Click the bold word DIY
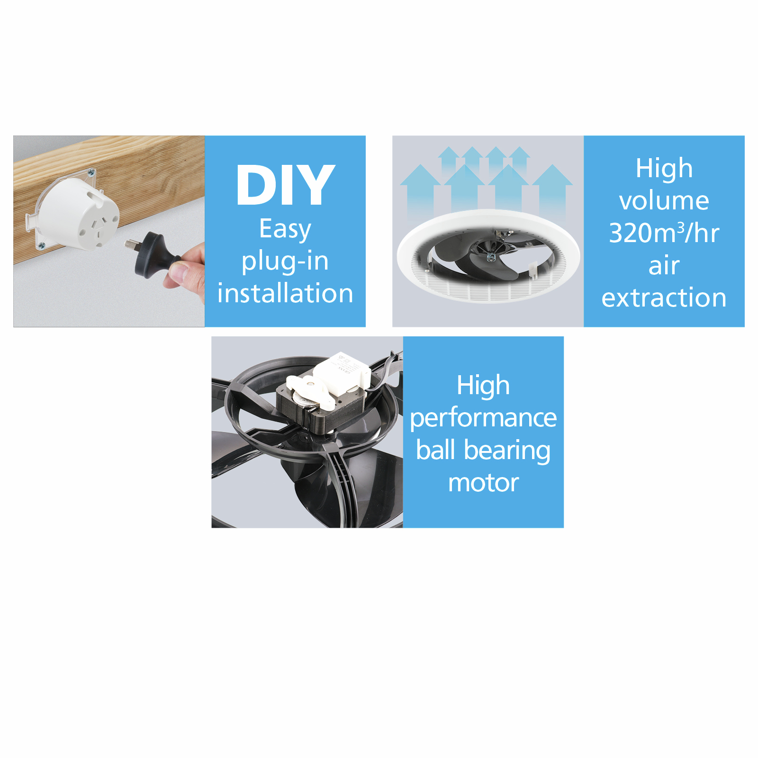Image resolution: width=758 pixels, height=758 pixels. click(x=285, y=185)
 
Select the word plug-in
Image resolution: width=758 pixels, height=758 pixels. click(x=285, y=262)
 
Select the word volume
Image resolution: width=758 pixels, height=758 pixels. click(x=664, y=200)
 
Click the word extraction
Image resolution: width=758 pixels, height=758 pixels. click(x=664, y=298)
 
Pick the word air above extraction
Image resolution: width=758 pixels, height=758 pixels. click(x=664, y=265)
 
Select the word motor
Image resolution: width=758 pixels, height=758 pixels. click(x=483, y=483)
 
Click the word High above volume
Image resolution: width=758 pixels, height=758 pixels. click(x=664, y=168)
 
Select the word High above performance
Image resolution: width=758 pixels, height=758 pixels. click(x=483, y=385)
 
